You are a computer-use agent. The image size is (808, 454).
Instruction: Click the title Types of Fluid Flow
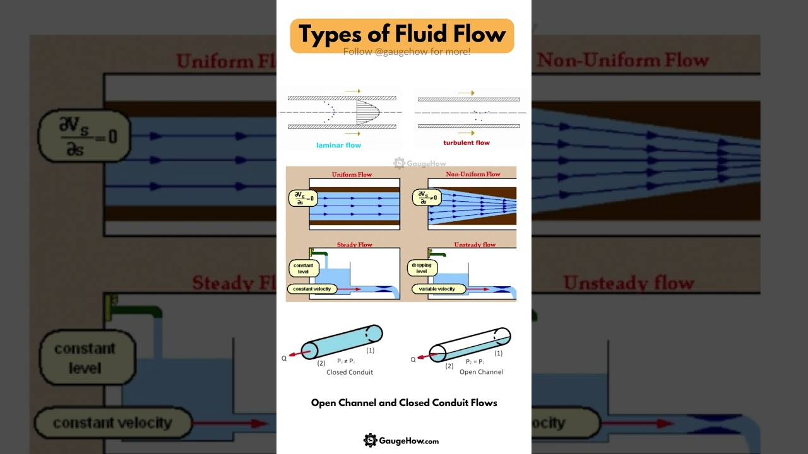[402, 33]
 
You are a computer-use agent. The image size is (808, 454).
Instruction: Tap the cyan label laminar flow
[338, 145]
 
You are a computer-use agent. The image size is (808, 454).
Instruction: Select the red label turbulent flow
[466, 143]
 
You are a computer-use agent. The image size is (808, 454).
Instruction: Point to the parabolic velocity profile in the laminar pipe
[367, 112]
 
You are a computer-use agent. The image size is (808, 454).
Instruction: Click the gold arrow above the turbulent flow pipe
[466, 93]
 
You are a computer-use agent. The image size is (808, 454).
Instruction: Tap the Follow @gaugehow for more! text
[407, 52]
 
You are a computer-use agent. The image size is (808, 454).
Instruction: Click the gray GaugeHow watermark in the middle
[420, 163]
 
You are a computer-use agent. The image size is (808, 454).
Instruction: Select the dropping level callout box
[421, 268]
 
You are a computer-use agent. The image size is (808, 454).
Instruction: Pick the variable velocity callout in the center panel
[437, 289]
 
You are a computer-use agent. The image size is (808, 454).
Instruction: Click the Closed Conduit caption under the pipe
[350, 372]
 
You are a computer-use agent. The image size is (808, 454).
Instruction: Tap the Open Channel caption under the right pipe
[481, 372]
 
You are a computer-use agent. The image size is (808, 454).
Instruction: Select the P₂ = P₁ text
[475, 362]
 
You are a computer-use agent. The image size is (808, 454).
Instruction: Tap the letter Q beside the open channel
[413, 359]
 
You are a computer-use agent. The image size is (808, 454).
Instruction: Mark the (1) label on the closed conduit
[371, 350]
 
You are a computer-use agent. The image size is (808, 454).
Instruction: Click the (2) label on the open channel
[449, 366]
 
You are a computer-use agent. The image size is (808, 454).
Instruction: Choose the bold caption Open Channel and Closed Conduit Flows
[404, 403]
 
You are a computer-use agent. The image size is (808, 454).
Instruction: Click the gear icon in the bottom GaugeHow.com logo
[371, 440]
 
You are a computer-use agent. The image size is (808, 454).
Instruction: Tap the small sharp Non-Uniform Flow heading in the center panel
[473, 174]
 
